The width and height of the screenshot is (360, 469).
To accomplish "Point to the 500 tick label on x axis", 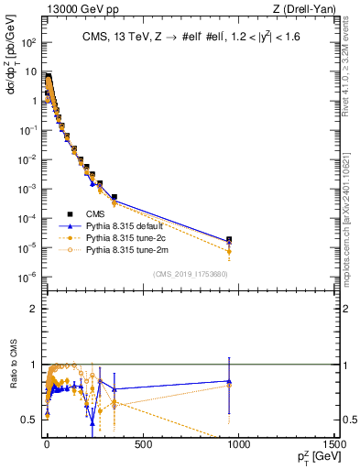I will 142,444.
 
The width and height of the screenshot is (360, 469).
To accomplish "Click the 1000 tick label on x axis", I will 240,444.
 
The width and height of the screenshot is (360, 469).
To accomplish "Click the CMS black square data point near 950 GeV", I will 229,240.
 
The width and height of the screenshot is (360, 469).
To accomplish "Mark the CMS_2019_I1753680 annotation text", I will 191,274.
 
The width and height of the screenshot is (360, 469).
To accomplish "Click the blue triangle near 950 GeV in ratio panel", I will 229,381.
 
